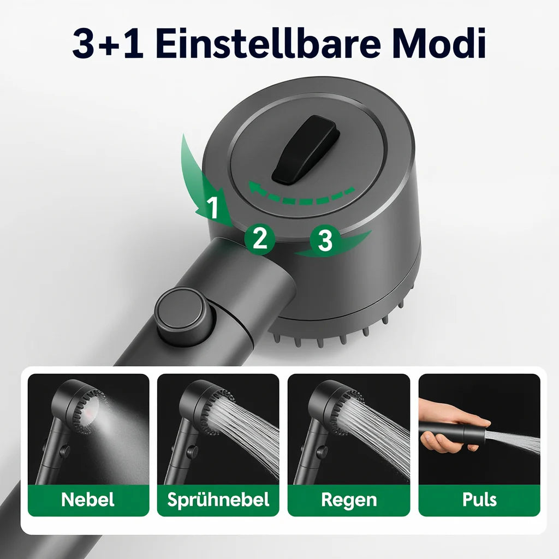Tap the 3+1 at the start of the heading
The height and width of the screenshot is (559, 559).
coord(108,45)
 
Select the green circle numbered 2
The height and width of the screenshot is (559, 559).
coord(259,239)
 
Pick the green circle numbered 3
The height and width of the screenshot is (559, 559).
coord(325,240)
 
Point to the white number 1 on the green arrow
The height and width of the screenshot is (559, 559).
coord(213,207)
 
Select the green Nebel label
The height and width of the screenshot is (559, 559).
coord(88,500)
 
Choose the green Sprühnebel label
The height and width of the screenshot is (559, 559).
coord(218,500)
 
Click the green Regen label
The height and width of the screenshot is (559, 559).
coord(348,500)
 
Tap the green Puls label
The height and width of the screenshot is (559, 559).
coord(479,500)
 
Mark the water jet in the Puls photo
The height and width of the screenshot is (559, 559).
coord(516,441)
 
